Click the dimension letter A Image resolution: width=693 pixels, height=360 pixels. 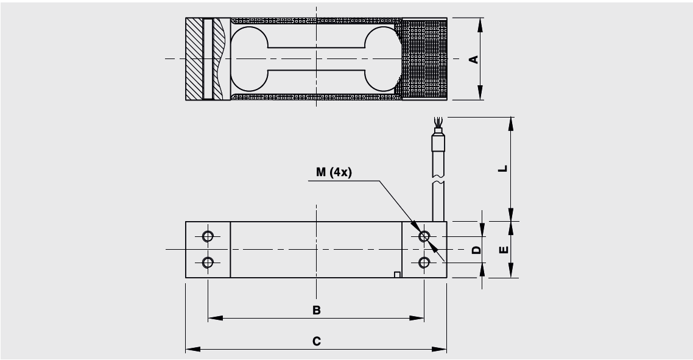pos(473,59)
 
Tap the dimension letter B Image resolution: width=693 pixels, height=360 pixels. pos(316,310)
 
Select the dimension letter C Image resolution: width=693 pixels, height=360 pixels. pos(316,341)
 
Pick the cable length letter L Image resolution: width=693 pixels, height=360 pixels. pos(502,169)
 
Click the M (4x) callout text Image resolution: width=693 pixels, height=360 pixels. pos(334,172)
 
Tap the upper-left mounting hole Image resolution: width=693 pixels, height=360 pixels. pos(208,236)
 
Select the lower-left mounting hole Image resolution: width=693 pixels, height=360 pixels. pos(208,263)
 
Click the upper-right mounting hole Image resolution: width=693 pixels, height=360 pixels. pos(424,236)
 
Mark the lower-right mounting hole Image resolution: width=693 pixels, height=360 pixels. pos(424,263)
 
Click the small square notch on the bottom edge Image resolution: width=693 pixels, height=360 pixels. pos(397,275)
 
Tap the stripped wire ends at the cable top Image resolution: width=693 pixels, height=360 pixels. pos(436,124)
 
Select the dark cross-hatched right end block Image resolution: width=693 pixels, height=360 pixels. pos(425,59)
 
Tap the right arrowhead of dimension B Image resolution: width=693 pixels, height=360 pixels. pos(420,318)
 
